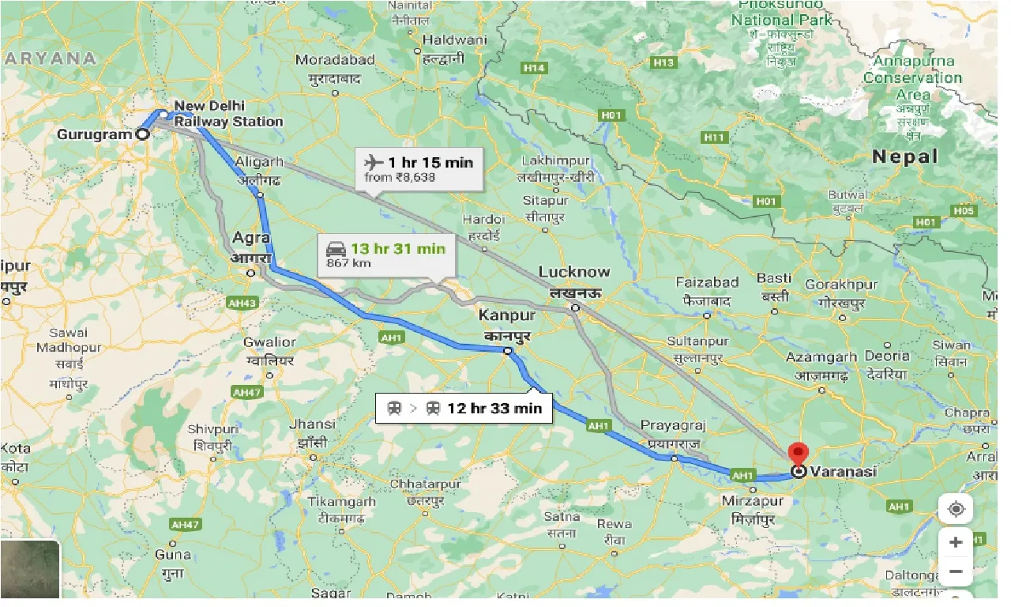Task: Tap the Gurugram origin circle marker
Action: tap(142, 134)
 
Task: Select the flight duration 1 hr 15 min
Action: tap(430, 163)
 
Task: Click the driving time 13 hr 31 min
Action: tap(398, 249)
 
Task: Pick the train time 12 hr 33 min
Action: tap(494, 409)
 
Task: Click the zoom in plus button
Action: tap(956, 542)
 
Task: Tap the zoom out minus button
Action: tap(956, 571)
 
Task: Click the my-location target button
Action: tap(956, 510)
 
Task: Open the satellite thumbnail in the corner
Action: tap(30, 570)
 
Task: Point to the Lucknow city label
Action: tap(574, 272)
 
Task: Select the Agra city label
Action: tap(251, 238)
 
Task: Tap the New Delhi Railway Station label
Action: tap(228, 114)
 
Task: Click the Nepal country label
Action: tap(904, 156)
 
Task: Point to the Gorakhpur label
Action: tap(842, 284)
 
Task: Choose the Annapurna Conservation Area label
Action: tap(912, 77)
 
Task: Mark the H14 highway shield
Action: tap(535, 68)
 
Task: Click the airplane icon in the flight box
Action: tap(374, 163)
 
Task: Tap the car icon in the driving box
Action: tap(336, 249)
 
